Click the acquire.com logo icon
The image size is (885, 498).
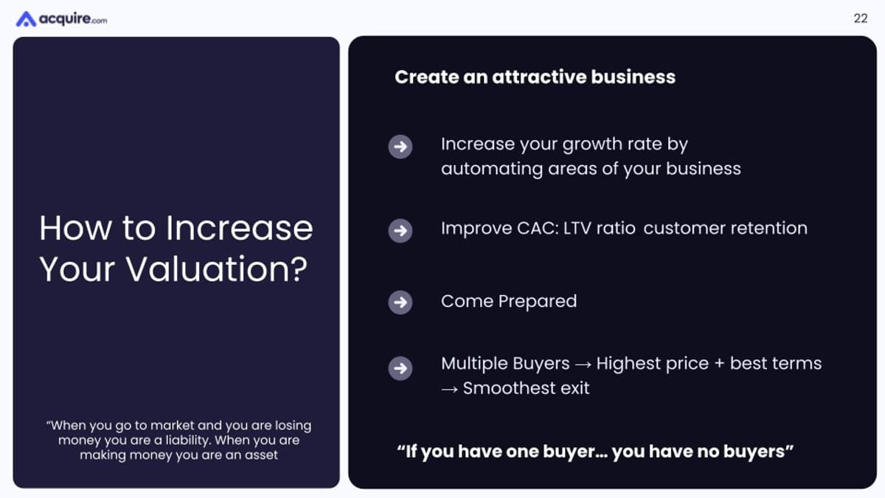pos(26,19)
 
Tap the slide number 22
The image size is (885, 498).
pos(860,19)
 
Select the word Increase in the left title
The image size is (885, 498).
pos(239,228)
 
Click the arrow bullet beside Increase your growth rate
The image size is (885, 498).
pos(400,147)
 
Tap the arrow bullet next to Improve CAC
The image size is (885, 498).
pos(400,231)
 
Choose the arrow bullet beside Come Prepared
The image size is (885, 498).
pos(400,302)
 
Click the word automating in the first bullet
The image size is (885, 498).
pos(491,169)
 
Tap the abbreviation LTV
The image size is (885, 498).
pos(579,229)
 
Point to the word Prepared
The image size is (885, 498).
pos(538,302)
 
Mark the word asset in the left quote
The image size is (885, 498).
pos(263,455)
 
